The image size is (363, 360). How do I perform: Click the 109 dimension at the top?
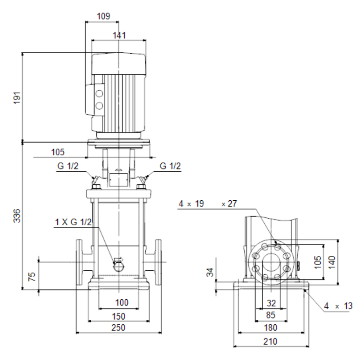pyautogui.click(x=103, y=16)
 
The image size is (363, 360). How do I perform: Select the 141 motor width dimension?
pyautogui.click(x=119, y=35)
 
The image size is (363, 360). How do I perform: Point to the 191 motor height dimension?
pyautogui.click(x=17, y=98)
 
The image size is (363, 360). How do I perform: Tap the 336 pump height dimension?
pyautogui.click(x=17, y=216)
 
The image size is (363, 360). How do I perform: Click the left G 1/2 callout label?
pyautogui.click(x=68, y=166)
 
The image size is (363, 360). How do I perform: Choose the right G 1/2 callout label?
pyautogui.click(x=170, y=166)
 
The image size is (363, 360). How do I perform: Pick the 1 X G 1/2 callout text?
pyautogui.click(x=73, y=222)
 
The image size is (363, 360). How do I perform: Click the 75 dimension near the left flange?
pyautogui.click(x=32, y=276)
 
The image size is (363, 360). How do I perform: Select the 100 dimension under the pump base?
pyautogui.click(x=122, y=302)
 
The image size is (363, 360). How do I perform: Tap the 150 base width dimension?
pyautogui.click(x=119, y=316)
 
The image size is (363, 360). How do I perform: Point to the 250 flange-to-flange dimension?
pyautogui.click(x=119, y=327)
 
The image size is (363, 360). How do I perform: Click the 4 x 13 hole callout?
pyautogui.click(x=338, y=306)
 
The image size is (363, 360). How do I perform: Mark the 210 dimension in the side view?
pyautogui.click(x=270, y=342)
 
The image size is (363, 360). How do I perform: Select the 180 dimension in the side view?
pyautogui.click(x=270, y=327)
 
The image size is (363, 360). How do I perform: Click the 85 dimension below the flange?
pyautogui.click(x=270, y=315)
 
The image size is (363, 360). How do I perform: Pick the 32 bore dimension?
pyautogui.click(x=271, y=303)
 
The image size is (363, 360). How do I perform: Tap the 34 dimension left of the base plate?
pyautogui.click(x=210, y=272)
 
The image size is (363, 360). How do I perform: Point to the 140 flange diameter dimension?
pyautogui.click(x=332, y=262)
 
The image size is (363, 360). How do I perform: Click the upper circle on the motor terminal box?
pyautogui.click(x=99, y=94)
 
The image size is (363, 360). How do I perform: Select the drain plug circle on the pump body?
pyautogui.click(x=119, y=268)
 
